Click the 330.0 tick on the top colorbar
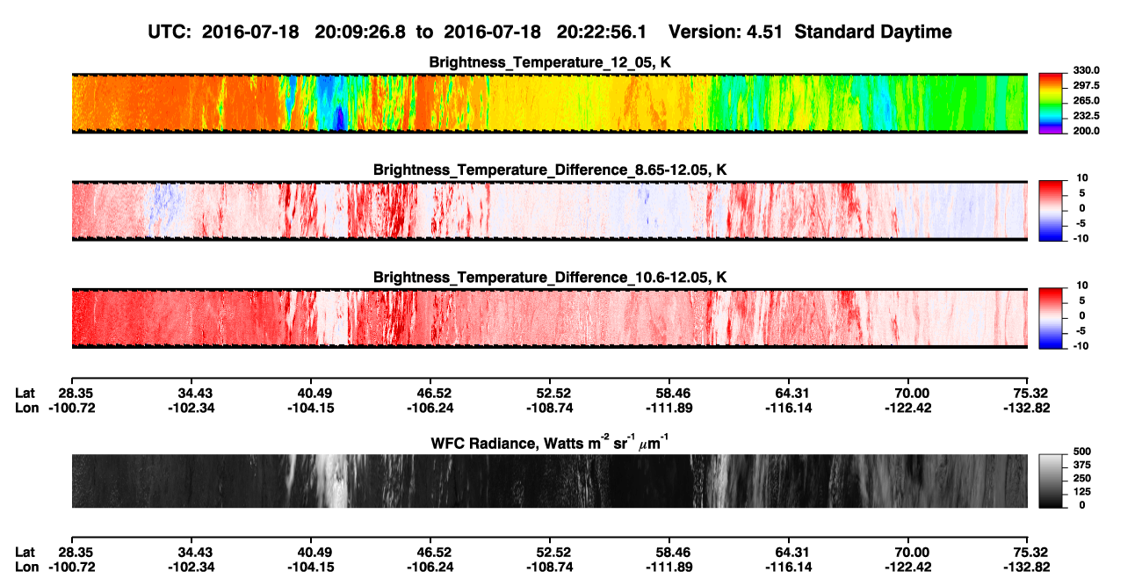coord(1086,70)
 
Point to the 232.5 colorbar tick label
coord(1086,116)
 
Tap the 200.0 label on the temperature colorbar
coord(1086,131)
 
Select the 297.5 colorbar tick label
coord(1086,86)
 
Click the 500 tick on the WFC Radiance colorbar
coord(1082,452)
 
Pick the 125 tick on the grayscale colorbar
coord(1082,492)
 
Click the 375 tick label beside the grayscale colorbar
coord(1082,465)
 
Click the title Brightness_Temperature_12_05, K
coord(550,62)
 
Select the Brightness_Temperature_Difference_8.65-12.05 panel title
coord(550,170)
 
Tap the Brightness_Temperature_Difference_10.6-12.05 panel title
coord(550,278)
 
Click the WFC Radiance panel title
coord(550,443)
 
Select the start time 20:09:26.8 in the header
coord(360,33)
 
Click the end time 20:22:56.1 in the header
coord(602,33)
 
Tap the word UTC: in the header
coord(170,33)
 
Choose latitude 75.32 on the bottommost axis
coord(1027,553)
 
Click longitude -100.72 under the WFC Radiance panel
coord(72,568)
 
